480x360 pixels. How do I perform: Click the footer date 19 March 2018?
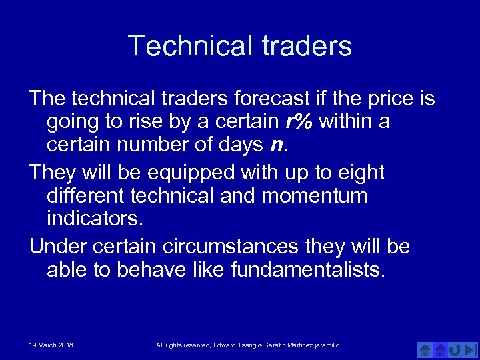click(x=51, y=345)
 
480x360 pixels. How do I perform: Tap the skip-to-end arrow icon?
click(x=470, y=349)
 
